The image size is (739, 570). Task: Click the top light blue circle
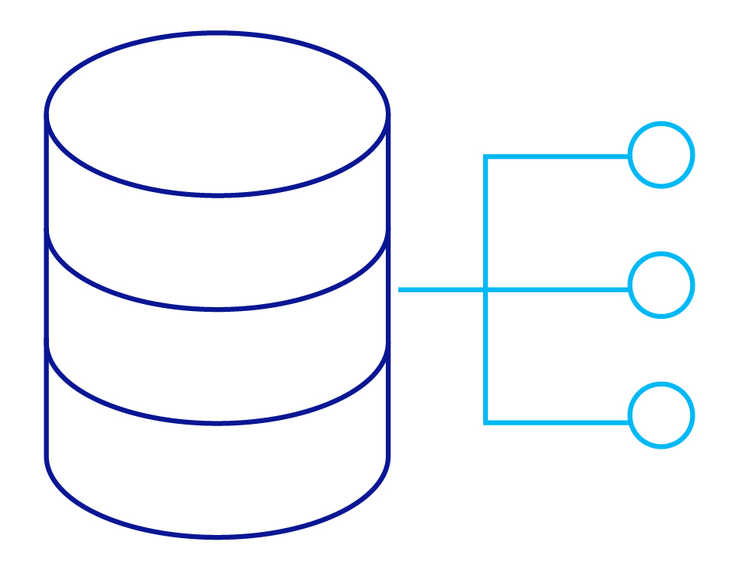pyautogui.click(x=660, y=155)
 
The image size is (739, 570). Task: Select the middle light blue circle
pyautogui.click(x=660, y=285)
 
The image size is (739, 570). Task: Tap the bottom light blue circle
pyautogui.click(x=660, y=415)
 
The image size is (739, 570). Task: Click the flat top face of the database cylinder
pyautogui.click(x=217, y=114)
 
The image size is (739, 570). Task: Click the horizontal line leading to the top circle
pyautogui.click(x=557, y=157)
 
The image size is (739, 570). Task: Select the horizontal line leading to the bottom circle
pyautogui.click(x=557, y=422)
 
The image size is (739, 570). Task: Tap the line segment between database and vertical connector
pyautogui.click(x=442, y=290)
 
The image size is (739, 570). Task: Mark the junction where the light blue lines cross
pyautogui.click(x=486, y=290)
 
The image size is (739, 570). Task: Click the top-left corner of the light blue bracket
pyautogui.click(x=486, y=157)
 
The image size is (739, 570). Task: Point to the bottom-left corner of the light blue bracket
pyautogui.click(x=486, y=422)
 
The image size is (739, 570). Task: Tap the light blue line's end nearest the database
pyautogui.click(x=401, y=290)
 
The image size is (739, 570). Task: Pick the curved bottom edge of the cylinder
pyautogui.click(x=217, y=536)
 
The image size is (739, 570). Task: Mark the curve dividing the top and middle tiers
pyautogui.click(x=217, y=308)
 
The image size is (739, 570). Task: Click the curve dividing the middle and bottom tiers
pyautogui.click(x=217, y=422)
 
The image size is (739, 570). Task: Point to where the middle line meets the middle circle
pyautogui.click(x=629, y=289)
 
